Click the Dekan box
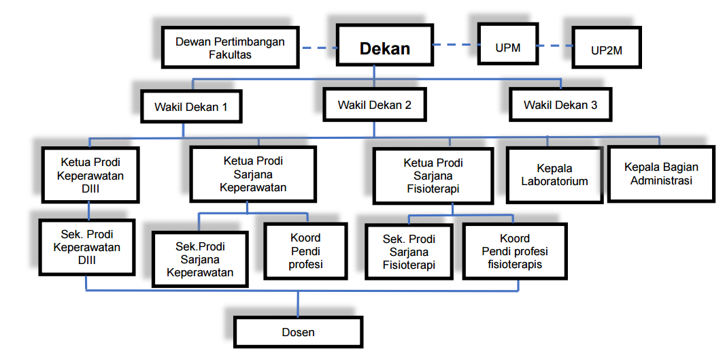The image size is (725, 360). [385, 46]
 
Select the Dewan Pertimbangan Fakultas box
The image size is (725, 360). [230, 47]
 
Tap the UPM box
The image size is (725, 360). [507, 46]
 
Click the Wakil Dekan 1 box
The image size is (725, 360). [190, 106]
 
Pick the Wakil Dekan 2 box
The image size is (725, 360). [375, 105]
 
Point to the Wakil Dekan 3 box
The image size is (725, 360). [560, 105]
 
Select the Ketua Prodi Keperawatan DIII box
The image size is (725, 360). [92, 175]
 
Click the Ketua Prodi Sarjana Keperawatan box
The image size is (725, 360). [253, 174]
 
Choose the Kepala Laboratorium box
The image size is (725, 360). [554, 174]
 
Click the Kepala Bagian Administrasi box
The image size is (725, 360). [661, 174]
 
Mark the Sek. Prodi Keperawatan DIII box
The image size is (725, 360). [87, 246]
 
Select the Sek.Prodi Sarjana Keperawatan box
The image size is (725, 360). [200, 259]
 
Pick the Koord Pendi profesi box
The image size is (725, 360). [305, 251]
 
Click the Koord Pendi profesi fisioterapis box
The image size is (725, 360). [515, 251]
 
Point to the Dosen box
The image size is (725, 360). [299, 332]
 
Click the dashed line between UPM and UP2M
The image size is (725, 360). [554, 46]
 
